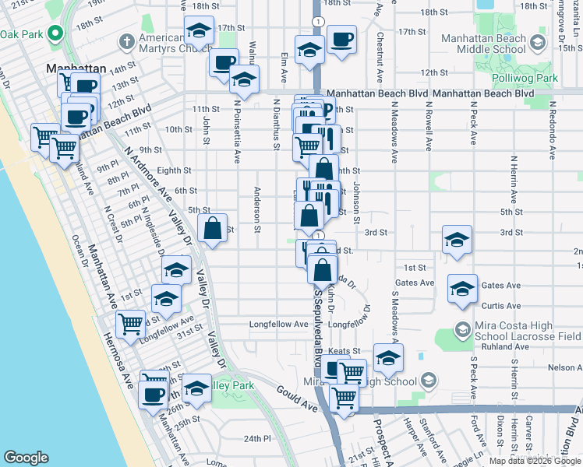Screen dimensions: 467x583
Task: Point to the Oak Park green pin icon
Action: point(54,34)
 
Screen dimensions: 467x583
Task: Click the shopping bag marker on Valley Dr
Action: point(212,229)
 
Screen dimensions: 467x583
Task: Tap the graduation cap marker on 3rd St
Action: point(457,240)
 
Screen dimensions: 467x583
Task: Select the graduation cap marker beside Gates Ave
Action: point(462,289)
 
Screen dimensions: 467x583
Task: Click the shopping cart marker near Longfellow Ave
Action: point(130,323)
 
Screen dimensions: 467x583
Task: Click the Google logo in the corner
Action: point(26,458)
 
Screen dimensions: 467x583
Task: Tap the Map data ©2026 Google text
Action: point(535,461)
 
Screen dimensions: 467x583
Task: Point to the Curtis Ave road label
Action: point(501,306)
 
